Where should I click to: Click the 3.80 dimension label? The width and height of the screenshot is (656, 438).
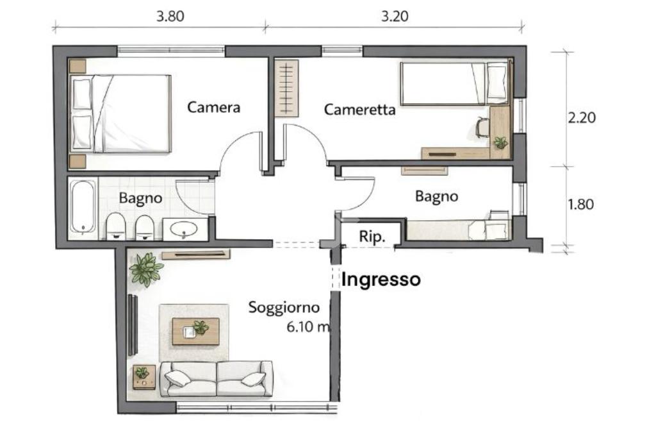click(170, 16)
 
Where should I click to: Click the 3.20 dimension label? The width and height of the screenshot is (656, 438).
click(395, 16)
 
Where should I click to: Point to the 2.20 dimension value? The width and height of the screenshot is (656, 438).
click(582, 117)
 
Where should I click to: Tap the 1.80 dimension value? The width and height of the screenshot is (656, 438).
click(581, 205)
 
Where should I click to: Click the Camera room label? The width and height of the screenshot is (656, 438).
click(214, 107)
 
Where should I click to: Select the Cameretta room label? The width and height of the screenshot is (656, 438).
click(360, 110)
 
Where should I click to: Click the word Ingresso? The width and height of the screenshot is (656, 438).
click(381, 280)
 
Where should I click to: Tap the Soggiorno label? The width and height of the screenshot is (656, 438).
click(284, 308)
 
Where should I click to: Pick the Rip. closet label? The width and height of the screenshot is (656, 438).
click(372, 237)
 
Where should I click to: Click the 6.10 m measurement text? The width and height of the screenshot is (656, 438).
click(308, 326)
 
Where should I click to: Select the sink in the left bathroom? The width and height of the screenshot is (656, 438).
click(184, 229)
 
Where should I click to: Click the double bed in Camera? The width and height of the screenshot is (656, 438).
click(120, 114)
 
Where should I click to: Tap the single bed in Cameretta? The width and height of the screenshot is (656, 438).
click(454, 83)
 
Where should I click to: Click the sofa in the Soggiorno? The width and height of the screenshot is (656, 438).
click(217, 378)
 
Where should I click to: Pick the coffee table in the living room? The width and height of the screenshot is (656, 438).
click(196, 331)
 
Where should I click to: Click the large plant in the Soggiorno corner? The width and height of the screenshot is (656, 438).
click(145, 269)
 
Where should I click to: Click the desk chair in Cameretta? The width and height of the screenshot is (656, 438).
click(482, 127)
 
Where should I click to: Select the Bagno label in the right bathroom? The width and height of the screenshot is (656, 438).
click(436, 196)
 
